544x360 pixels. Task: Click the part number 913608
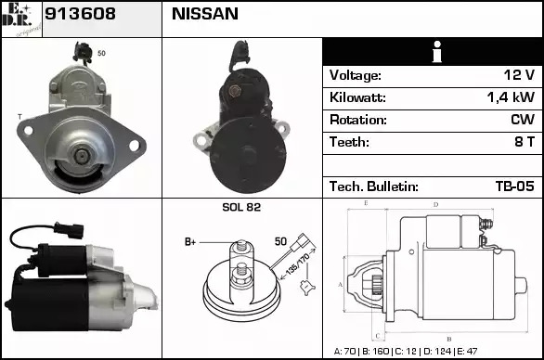click(80, 14)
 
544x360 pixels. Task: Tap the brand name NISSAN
click(205, 14)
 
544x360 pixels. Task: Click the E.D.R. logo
click(21, 19)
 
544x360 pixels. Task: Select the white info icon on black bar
click(437, 52)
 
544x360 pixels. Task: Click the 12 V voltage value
click(519, 75)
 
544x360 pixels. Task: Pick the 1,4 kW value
click(511, 97)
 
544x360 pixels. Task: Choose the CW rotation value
click(523, 120)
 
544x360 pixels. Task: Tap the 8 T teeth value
click(525, 142)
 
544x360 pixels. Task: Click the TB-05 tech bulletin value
click(515, 186)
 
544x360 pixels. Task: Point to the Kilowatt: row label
click(357, 97)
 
